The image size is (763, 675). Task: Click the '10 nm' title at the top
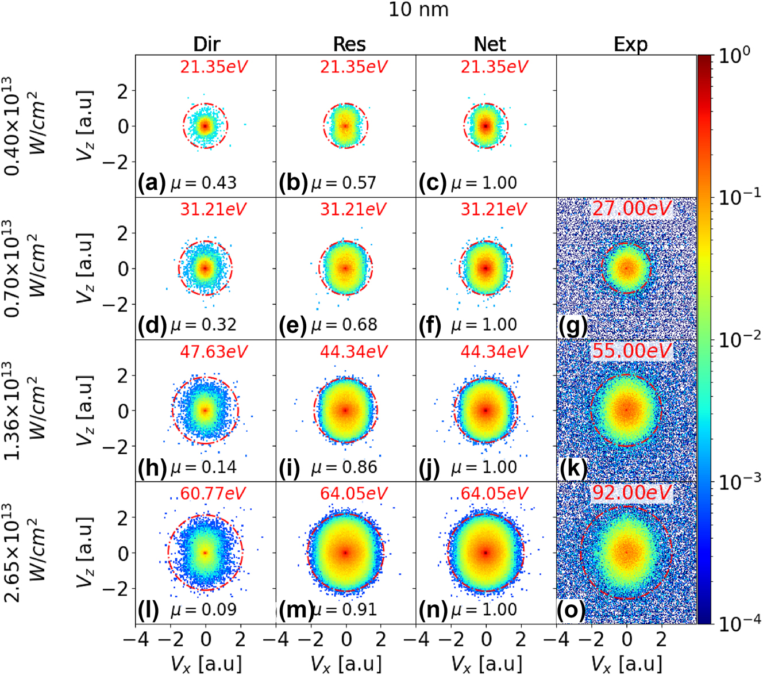418,10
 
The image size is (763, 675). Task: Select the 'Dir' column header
206,44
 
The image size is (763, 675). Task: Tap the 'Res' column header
349,44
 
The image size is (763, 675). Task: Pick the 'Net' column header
490,44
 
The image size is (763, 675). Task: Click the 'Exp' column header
630,44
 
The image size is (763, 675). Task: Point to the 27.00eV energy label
631,208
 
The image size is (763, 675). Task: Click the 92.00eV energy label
631,493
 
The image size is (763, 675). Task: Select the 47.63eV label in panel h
214,351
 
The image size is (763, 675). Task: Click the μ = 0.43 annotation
204,183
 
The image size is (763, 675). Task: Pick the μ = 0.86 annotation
344,467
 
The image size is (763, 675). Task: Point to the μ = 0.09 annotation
204,609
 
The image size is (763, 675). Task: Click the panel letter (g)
573,326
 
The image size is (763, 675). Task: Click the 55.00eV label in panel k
631,351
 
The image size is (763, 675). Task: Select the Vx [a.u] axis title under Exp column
631,664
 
